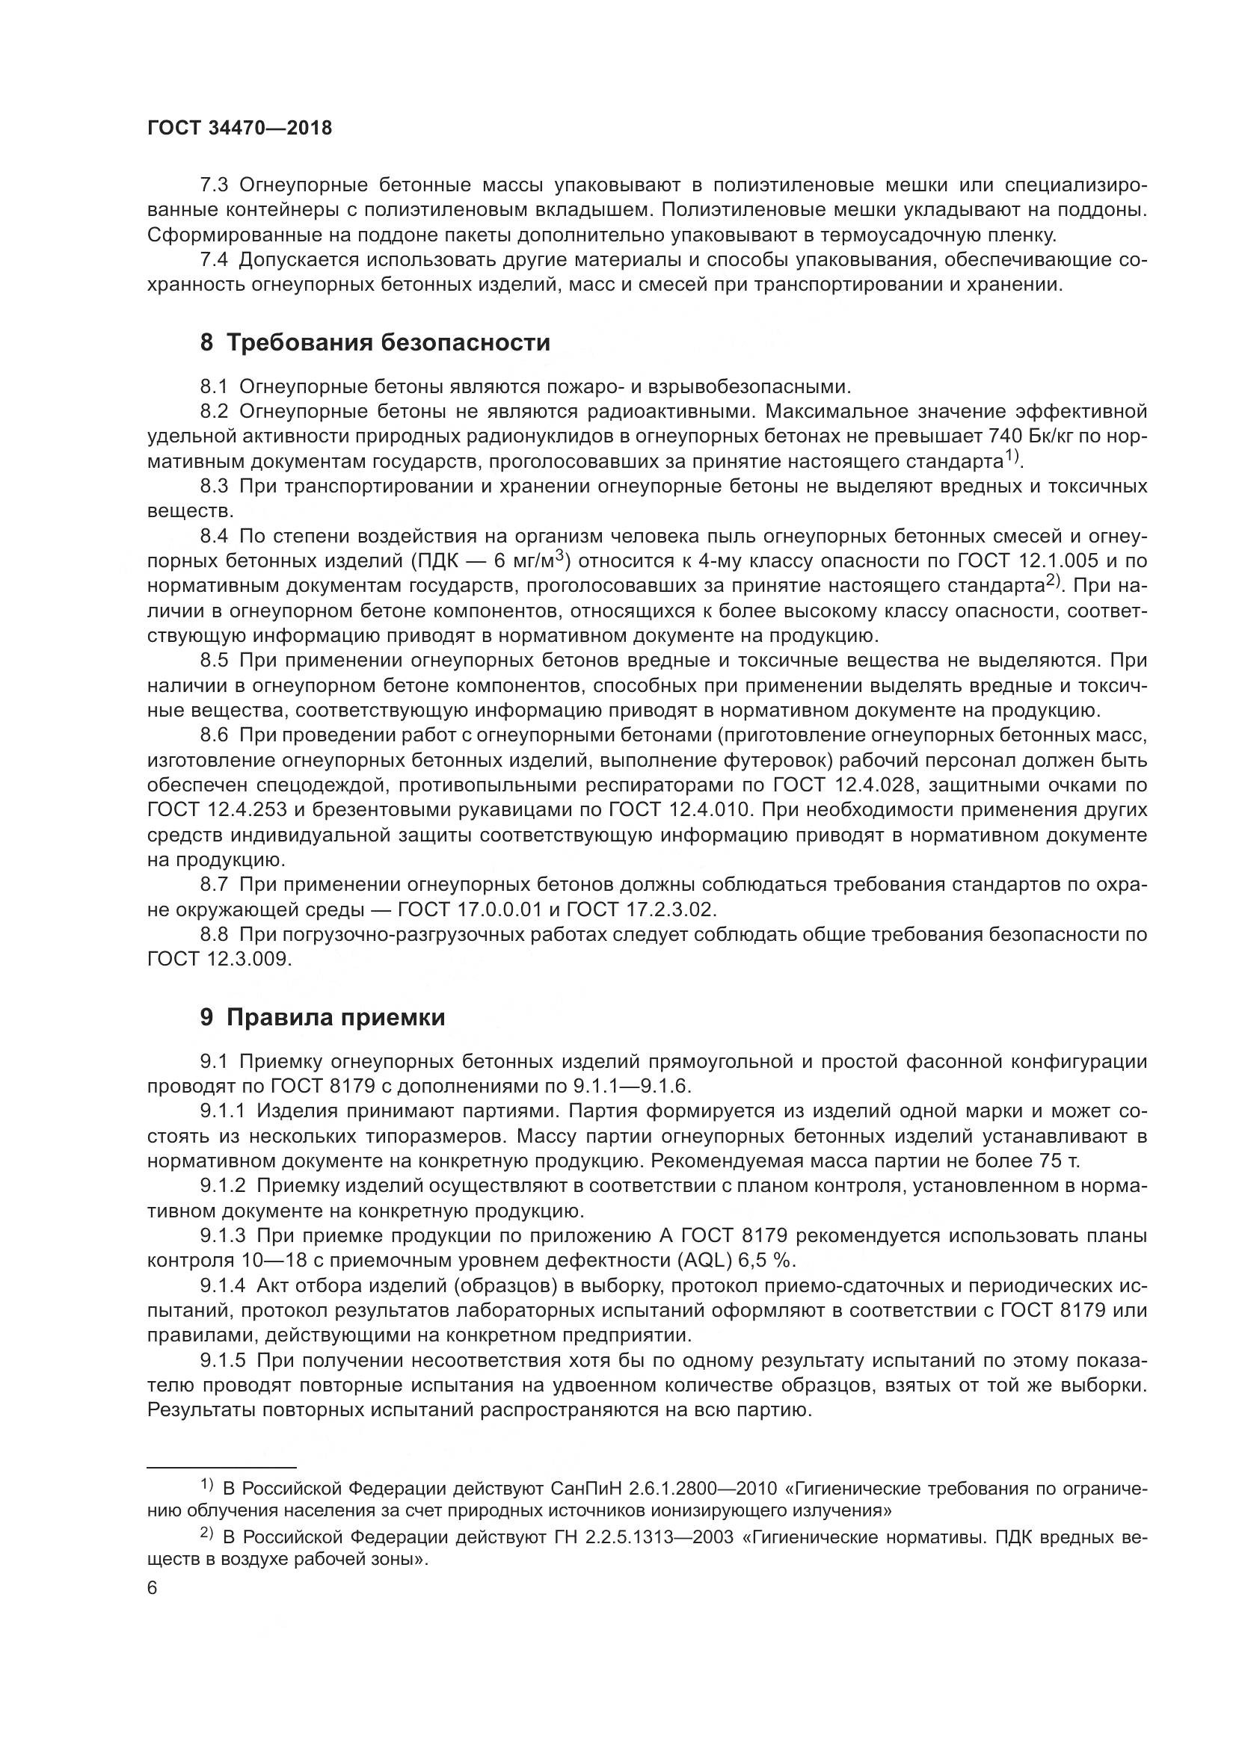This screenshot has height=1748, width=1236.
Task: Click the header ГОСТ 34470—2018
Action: (x=240, y=128)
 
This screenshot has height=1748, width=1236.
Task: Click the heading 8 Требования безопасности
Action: (x=375, y=342)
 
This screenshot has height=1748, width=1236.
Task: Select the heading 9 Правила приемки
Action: (x=322, y=1017)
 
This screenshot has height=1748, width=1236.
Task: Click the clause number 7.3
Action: (x=214, y=185)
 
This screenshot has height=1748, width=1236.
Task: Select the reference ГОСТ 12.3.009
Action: (x=218, y=960)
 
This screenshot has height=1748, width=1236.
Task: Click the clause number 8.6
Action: (x=214, y=735)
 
